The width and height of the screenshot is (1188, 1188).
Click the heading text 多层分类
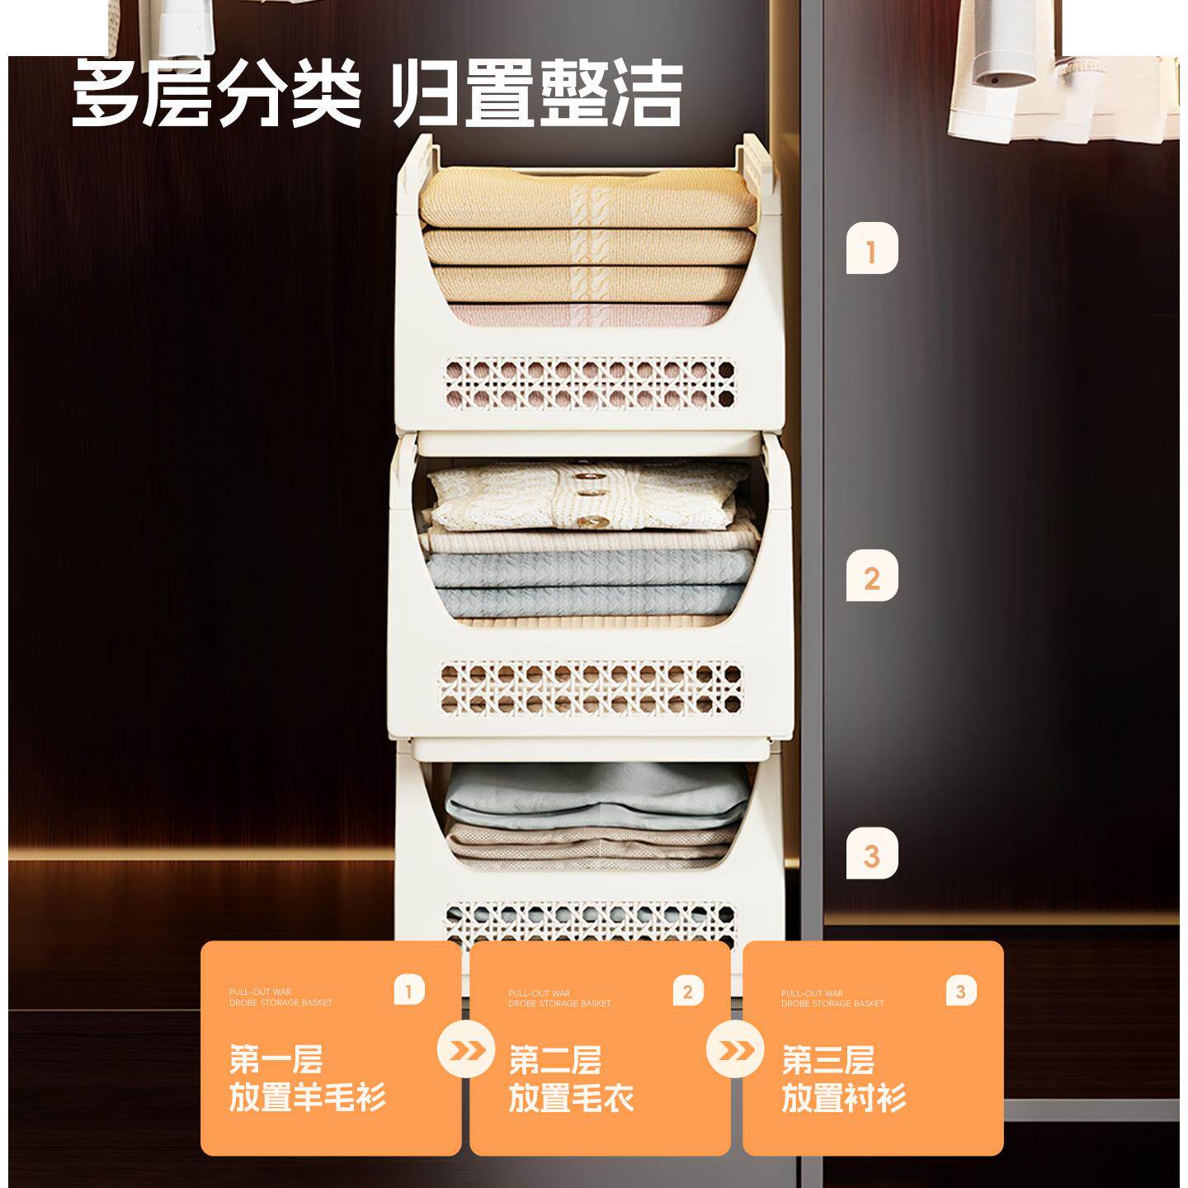pyautogui.click(x=217, y=95)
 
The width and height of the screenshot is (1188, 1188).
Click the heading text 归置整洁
pyautogui.click(x=535, y=95)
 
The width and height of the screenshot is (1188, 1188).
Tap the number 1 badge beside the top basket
pyautogui.click(x=871, y=248)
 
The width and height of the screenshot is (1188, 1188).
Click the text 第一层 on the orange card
pyautogui.click(x=276, y=1059)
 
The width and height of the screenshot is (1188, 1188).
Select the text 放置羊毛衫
pyautogui.click(x=307, y=1099)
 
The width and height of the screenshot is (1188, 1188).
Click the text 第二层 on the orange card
pyautogui.click(x=554, y=1059)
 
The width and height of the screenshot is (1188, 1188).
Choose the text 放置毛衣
pyautogui.click(x=571, y=1099)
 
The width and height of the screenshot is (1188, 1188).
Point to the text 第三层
pyautogui.click(x=827, y=1059)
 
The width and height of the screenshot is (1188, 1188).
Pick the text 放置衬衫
pyautogui.click(x=844, y=1099)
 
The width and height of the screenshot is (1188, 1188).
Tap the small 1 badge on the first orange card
pyautogui.click(x=409, y=990)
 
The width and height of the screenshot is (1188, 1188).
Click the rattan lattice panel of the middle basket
pyautogui.click(x=591, y=687)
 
